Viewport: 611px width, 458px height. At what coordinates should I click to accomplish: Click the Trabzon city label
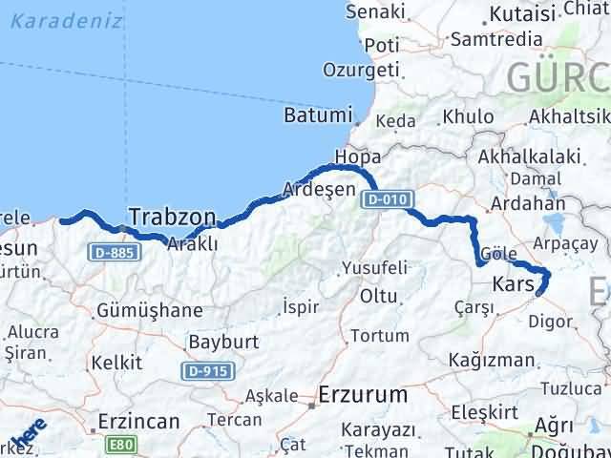(172, 216)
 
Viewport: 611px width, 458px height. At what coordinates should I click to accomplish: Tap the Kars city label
(514, 284)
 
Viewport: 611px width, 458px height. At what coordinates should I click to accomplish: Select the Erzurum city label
(363, 393)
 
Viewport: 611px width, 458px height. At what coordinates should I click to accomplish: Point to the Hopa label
(358, 156)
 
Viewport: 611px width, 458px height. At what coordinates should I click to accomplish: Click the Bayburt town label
(223, 341)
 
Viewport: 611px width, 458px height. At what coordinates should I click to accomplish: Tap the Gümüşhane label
(150, 310)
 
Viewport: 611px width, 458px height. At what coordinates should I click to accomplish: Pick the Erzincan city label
(138, 420)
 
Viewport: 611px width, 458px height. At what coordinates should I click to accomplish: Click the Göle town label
(500, 255)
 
